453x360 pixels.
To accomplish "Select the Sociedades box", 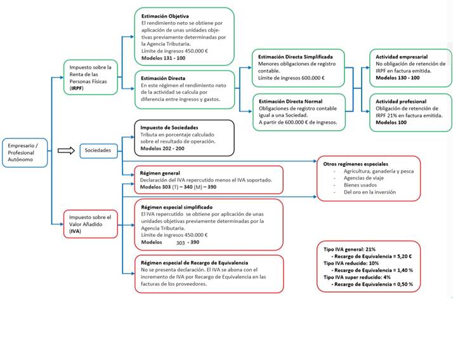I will (97, 150).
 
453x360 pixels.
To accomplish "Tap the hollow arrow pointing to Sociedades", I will (65, 150).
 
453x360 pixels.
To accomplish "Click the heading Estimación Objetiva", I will (166, 15).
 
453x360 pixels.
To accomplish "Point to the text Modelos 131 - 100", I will (164, 58).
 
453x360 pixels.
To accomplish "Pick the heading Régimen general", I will (160, 173).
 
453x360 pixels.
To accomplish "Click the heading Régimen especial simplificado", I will (176, 207).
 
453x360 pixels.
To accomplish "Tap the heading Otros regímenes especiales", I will (355, 164).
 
